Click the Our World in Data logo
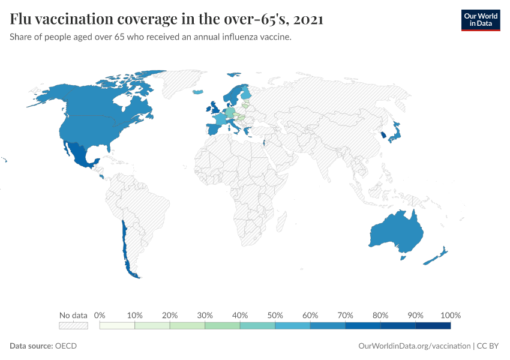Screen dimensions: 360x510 coord(480,19)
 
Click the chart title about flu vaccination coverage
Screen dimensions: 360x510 coord(167,19)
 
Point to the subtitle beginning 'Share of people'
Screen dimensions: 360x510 coord(151,37)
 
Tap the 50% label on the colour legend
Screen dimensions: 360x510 coord(275,315)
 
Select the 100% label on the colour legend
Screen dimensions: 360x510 coord(450,315)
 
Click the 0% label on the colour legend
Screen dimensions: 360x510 coord(100,315)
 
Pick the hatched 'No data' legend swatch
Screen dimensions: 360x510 coord(73,326)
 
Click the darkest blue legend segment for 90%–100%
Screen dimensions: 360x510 coord(433,326)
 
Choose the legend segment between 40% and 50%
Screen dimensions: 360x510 coord(257,326)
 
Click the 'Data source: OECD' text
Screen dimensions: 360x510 coord(43,346)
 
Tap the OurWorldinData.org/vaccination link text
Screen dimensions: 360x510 coord(414,346)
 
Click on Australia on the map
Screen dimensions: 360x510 coord(396,234)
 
